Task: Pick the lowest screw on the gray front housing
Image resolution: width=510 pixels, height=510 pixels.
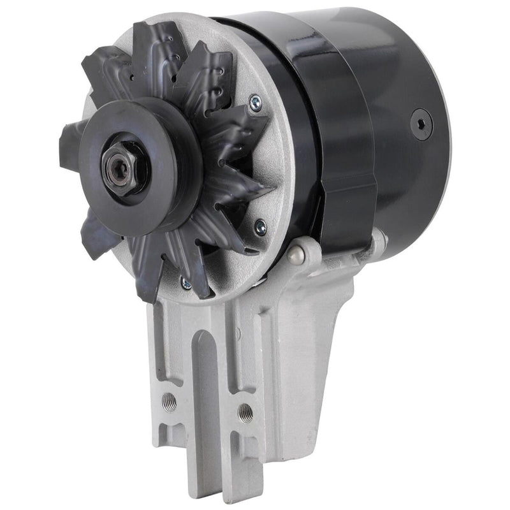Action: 186,280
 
